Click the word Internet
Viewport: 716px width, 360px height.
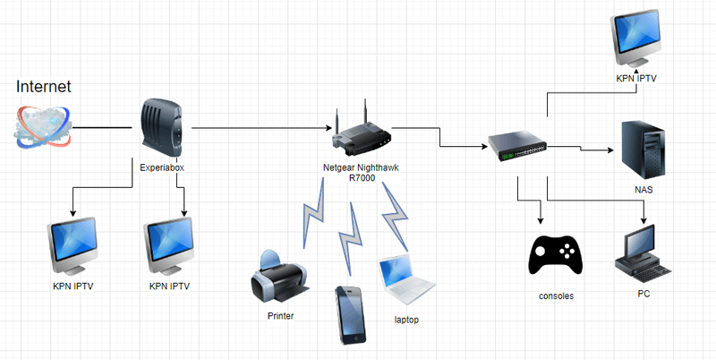click(44, 86)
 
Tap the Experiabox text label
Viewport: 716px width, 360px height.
click(162, 167)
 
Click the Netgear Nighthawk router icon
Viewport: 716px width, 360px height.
click(362, 135)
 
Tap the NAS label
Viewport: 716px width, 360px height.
click(644, 191)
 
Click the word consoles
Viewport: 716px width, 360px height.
click(557, 296)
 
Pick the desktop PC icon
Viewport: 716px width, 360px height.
click(642, 253)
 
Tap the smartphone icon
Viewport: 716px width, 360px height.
click(349, 314)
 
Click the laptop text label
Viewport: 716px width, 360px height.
click(405, 320)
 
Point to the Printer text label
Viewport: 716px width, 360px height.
click(280, 315)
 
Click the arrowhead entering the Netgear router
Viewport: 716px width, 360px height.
click(328, 129)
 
